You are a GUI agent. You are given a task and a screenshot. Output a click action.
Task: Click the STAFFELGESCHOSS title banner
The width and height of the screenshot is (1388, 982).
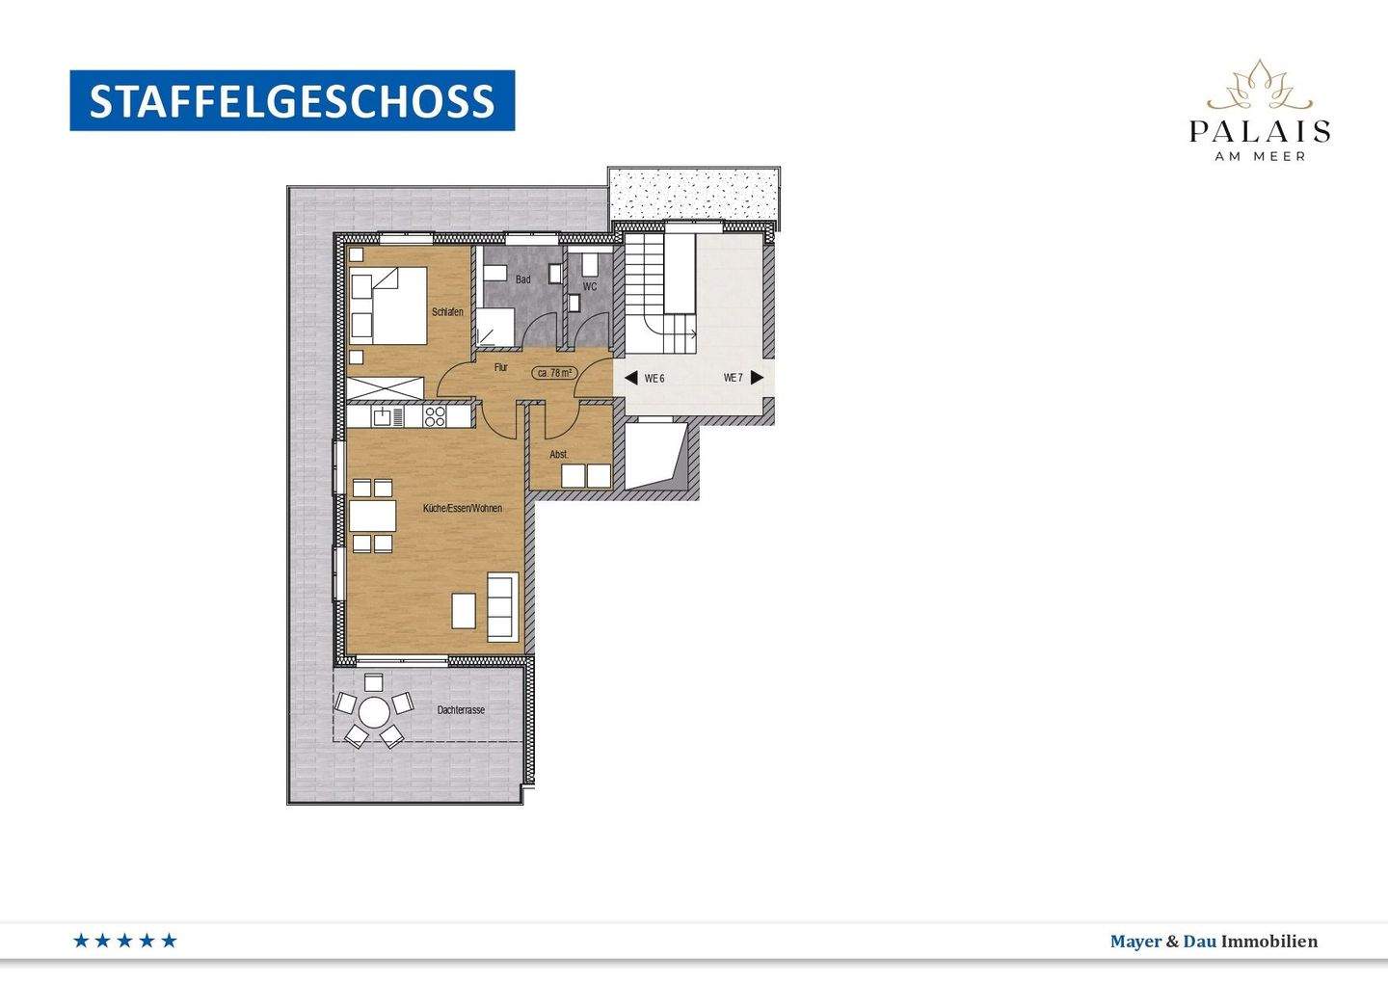point(292,101)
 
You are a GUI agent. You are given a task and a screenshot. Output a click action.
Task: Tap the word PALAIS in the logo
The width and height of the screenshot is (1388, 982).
point(1260,131)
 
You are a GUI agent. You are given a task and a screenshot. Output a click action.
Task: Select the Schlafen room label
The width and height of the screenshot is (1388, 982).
point(447,312)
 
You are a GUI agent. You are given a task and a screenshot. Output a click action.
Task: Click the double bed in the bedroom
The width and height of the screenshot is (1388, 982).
point(388,305)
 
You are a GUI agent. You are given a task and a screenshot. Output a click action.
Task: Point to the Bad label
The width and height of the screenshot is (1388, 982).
point(522,280)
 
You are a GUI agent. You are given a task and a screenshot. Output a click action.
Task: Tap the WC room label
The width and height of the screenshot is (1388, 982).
point(590,287)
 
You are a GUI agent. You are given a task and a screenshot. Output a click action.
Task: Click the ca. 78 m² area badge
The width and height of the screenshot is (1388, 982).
point(555,373)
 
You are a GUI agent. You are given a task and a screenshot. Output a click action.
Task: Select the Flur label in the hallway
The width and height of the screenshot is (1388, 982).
point(501,368)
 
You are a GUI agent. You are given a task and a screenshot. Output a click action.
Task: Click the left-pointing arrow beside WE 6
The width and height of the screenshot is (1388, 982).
point(630,378)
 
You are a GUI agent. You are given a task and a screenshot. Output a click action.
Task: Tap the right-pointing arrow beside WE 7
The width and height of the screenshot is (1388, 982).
point(758,378)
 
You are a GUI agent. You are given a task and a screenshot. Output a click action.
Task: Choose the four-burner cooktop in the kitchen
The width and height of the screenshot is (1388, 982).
point(436,416)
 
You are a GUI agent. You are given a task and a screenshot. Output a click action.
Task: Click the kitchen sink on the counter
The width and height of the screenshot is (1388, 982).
point(387,416)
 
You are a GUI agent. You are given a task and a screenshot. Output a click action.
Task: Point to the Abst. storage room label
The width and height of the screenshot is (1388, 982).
point(559,454)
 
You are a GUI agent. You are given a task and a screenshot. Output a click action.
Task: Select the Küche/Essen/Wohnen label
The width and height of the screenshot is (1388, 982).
point(463,508)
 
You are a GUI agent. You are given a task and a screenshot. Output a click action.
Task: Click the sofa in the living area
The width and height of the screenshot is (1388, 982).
point(502,606)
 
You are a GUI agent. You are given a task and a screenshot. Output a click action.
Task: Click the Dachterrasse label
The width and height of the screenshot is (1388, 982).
point(461,710)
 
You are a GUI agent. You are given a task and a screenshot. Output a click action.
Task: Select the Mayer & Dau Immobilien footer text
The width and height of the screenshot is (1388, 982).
point(1214,942)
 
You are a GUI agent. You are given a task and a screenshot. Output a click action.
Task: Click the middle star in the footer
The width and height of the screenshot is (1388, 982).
point(124,941)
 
